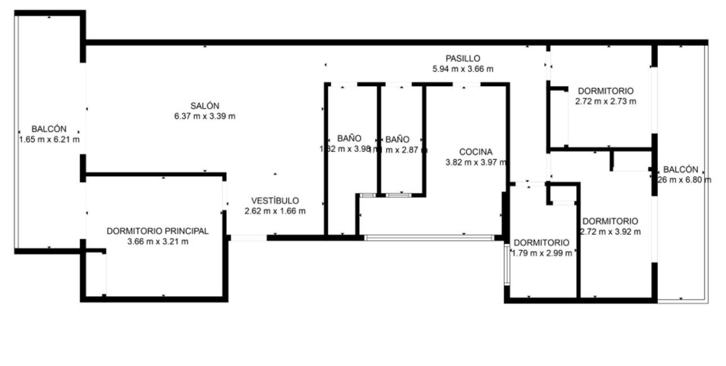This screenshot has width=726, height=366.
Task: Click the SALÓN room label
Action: (205, 106)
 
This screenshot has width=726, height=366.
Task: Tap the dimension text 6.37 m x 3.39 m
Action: (205, 116)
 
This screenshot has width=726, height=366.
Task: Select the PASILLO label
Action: (463, 58)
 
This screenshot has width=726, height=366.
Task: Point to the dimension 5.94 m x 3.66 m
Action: (463, 69)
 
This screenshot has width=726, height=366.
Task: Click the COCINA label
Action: (476, 151)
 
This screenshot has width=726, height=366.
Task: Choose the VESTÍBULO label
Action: (275, 200)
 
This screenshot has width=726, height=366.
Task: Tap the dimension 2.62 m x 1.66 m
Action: (275, 211)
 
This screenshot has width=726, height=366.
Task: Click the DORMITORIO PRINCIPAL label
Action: (157, 231)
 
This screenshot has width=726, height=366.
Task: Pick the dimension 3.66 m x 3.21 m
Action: (157, 242)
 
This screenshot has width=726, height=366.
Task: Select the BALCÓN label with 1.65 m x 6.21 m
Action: (49, 129)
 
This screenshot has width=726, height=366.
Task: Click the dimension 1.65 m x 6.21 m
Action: (49, 140)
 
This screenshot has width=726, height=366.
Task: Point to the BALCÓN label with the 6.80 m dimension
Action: (680, 169)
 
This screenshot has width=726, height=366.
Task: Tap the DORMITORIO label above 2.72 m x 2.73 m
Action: (606, 91)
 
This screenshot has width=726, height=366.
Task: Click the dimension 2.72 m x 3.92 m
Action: (610, 231)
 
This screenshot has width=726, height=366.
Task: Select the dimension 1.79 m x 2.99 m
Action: (542, 253)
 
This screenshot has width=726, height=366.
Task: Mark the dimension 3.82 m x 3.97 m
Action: (476, 162)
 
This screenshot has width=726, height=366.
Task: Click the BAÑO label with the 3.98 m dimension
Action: (349, 139)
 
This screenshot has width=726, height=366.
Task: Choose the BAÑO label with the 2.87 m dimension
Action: (398, 139)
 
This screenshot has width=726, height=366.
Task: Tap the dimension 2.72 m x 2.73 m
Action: (606, 101)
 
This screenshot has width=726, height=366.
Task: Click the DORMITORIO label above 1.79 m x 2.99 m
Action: (542, 243)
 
